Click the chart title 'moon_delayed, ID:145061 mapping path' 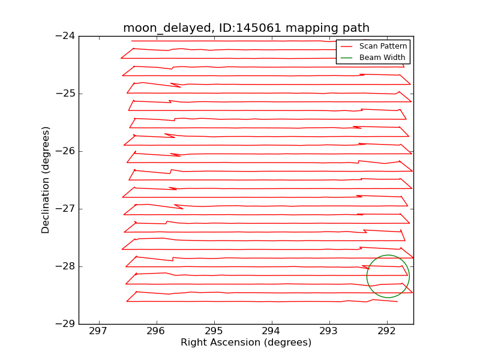coord(246,28)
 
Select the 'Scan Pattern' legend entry coord(383,46)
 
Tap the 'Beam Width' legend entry coord(382,58)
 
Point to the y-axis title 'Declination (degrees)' coord(46,180)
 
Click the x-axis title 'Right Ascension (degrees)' coord(246,343)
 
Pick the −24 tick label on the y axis coord(64,36)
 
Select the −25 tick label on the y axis coord(64,94)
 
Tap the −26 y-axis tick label coord(64,151)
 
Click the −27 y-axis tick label coord(64,209)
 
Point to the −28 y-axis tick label coord(64,266)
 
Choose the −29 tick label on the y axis coord(64,324)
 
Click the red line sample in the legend coord(347,46)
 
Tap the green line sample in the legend coord(347,58)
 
